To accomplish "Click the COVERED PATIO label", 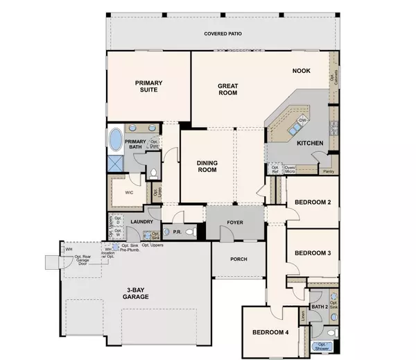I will (222, 33).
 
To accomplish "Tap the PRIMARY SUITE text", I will (148, 86).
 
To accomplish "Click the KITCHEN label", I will (309, 143).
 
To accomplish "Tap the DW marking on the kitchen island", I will (302, 121).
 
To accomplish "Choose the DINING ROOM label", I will (208, 166).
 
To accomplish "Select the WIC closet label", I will (129, 193).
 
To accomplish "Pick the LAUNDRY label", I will (141, 221).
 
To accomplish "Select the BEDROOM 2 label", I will (312, 202).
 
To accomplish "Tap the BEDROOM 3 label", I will (312, 252).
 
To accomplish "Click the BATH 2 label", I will (320, 306).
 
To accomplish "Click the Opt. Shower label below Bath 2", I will (322, 346).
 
